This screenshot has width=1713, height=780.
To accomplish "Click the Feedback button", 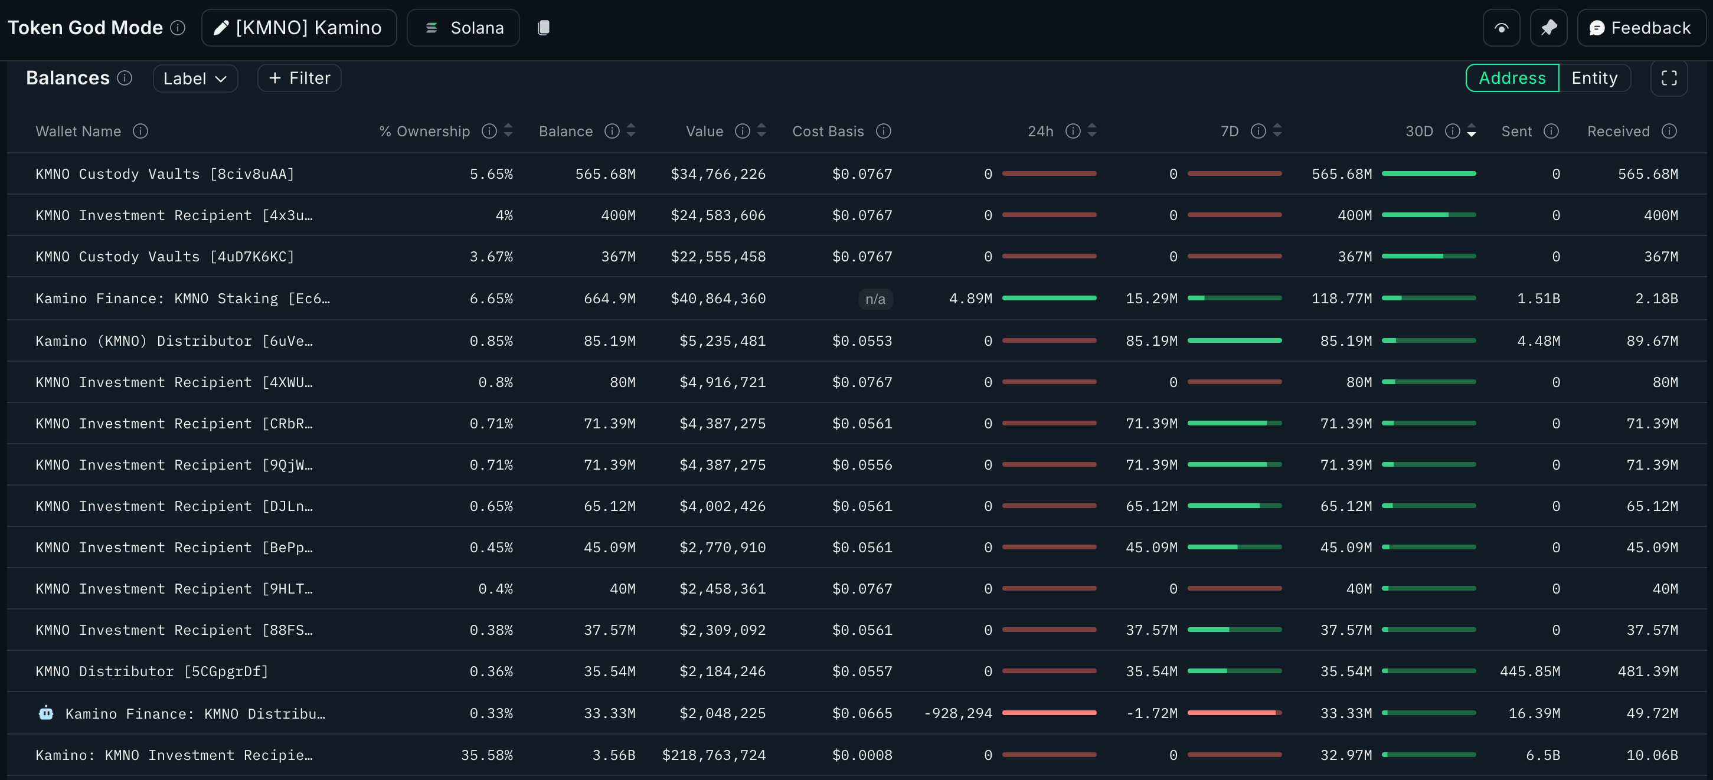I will pyautogui.click(x=1640, y=28).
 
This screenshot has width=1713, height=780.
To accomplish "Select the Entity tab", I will pyautogui.click(x=1593, y=78).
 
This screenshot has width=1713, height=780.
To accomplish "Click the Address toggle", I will pyautogui.click(x=1512, y=78).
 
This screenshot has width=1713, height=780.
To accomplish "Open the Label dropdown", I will pyautogui.click(x=195, y=78).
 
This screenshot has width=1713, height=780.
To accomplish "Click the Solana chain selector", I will pyautogui.click(x=463, y=28).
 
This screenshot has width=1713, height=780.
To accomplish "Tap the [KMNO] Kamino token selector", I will pyautogui.click(x=299, y=28).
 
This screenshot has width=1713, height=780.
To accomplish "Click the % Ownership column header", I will pyautogui.click(x=424, y=132).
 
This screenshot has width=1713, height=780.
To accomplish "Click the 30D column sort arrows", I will pyautogui.click(x=1471, y=132).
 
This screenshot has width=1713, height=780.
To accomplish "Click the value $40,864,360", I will pyautogui.click(x=718, y=299).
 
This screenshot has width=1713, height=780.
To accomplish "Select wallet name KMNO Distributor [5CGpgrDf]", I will pyautogui.click(x=152, y=671).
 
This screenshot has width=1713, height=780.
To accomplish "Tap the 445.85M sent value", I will pyautogui.click(x=1529, y=671).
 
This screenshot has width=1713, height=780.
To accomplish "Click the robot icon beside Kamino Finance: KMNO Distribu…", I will pyautogui.click(x=46, y=713).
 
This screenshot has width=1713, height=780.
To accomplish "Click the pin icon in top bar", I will pyautogui.click(x=1548, y=28).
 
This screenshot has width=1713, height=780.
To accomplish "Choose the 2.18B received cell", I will pyautogui.click(x=1656, y=299).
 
